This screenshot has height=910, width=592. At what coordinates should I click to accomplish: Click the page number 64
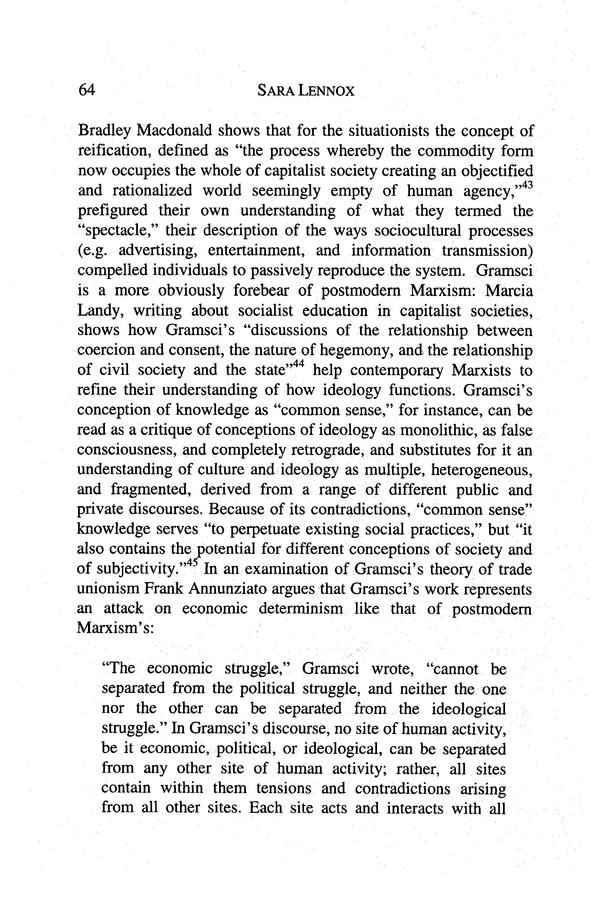86,90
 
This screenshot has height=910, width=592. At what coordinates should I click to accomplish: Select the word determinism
301,609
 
